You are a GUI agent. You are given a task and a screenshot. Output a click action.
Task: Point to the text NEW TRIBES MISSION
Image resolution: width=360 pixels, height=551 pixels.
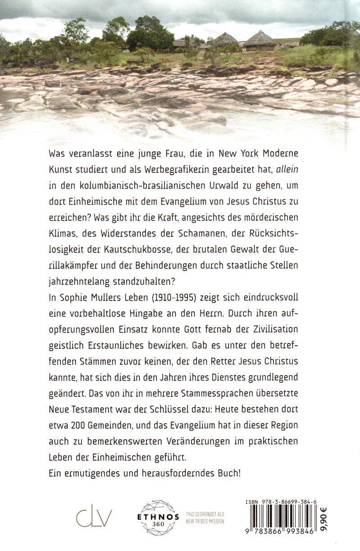[205, 522]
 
